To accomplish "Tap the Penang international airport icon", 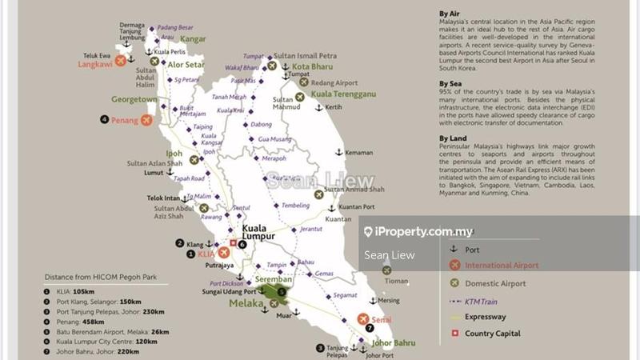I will tap(146, 120).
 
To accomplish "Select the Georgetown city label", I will tap(134, 99).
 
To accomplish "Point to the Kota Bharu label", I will tap(312, 66).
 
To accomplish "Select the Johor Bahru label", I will tap(393, 342).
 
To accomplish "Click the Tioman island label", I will tap(395, 281).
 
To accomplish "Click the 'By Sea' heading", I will tap(453, 82).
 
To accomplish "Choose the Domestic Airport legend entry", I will tap(495, 283).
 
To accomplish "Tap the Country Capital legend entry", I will tap(492, 334).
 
